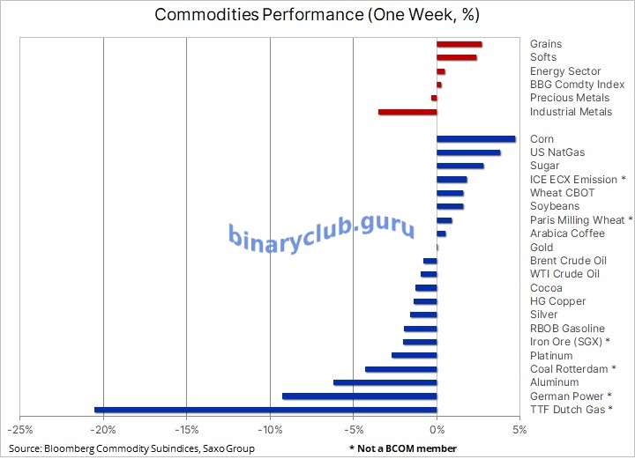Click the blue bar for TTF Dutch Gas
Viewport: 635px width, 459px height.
pyautogui.click(x=265, y=410)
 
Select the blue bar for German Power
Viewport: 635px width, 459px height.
pyautogui.click(x=359, y=396)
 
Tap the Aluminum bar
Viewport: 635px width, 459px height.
pyautogui.click(x=385, y=382)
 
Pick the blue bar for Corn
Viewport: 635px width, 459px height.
pyautogui.click(x=475, y=138)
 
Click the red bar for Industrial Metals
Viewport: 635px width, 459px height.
pyautogui.click(x=407, y=112)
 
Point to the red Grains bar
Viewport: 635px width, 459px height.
pyautogui.click(x=459, y=44)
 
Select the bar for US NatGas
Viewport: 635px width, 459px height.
pyautogui.click(x=468, y=152)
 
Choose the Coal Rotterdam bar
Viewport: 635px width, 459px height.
pyautogui.click(x=400, y=369)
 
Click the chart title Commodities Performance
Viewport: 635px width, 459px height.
pyautogui.click(x=317, y=15)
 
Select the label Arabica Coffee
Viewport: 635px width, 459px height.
pyautogui.click(x=567, y=233)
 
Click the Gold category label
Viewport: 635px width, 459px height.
pyautogui.click(x=542, y=248)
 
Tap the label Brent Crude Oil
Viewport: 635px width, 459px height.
pyautogui.click(x=568, y=261)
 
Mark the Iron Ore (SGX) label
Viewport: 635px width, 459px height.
pyautogui.click(x=570, y=342)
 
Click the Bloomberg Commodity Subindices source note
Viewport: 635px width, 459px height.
pyautogui.click(x=132, y=448)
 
